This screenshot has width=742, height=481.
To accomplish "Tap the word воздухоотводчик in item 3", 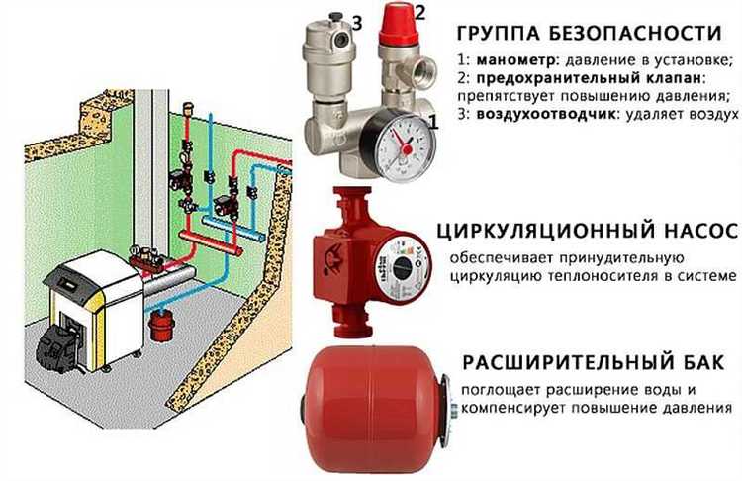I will click(x=540, y=116).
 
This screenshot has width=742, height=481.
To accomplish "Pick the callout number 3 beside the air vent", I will click(x=358, y=23).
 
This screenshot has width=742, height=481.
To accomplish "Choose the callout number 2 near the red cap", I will click(x=419, y=13).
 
